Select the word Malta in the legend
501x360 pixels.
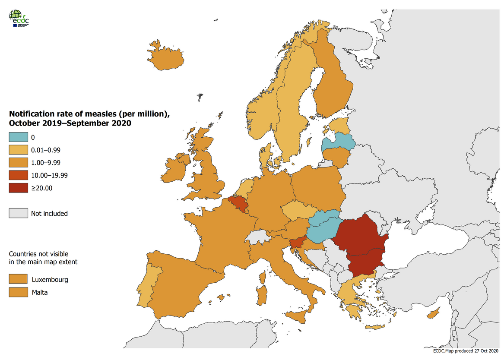click(x=39, y=292)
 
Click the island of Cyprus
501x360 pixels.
click(x=434, y=313)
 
